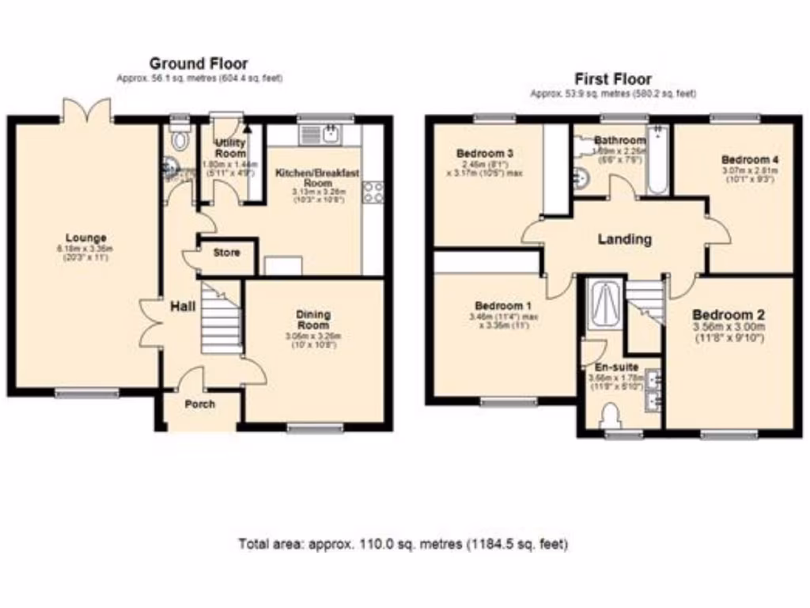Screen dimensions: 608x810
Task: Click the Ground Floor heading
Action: (x=199, y=63)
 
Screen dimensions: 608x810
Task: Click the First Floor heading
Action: (x=612, y=78)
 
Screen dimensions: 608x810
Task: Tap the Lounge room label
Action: (x=86, y=237)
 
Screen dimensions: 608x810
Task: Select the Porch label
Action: (x=200, y=405)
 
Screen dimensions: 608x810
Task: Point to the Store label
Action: (x=227, y=253)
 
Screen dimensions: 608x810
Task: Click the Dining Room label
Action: (x=313, y=315)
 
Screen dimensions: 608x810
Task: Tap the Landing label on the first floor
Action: (x=625, y=238)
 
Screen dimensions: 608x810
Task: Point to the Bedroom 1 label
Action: (x=498, y=306)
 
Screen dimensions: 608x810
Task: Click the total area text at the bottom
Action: (x=403, y=545)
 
